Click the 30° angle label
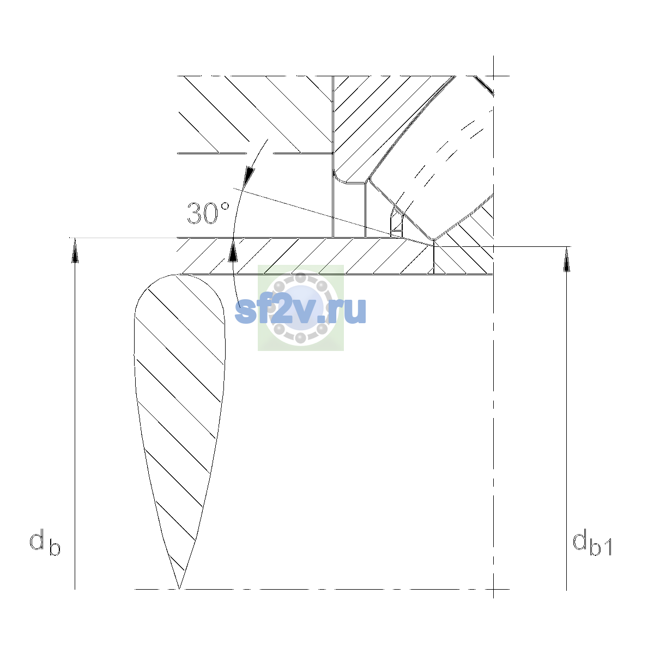(x=208, y=213)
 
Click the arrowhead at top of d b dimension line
(x=75, y=250)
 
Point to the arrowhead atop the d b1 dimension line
(x=566, y=259)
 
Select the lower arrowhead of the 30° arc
(x=233, y=250)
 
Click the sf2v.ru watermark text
(x=300, y=310)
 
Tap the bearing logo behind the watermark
(x=301, y=307)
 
